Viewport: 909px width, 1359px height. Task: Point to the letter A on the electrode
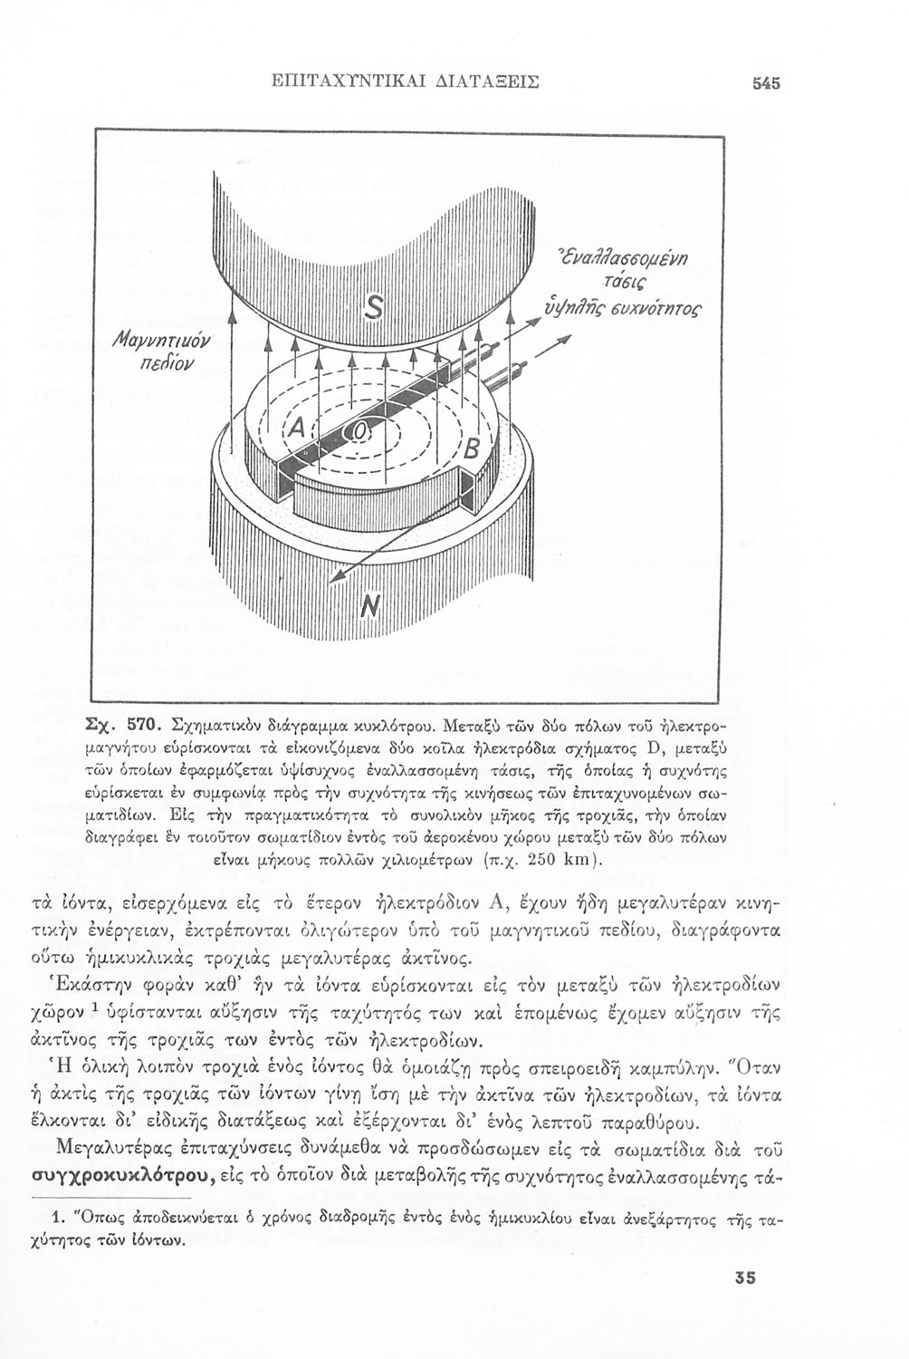pos(298,426)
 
